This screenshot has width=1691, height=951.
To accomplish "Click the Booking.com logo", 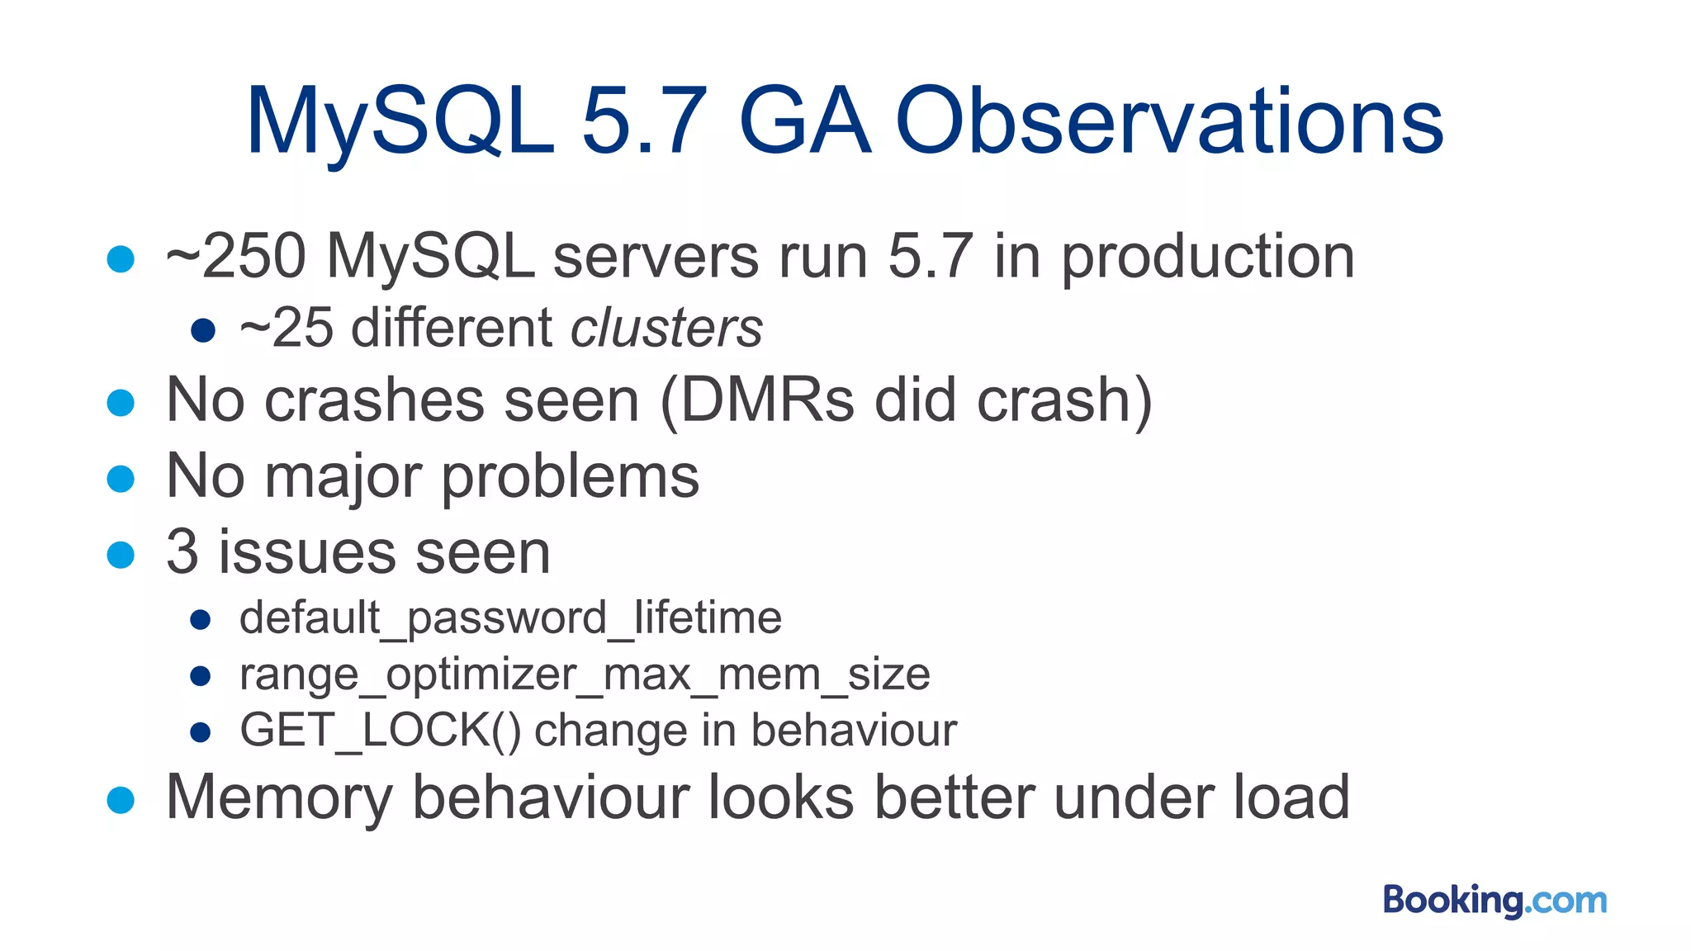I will click(1494, 900).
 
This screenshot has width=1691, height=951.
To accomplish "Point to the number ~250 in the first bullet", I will click(236, 257).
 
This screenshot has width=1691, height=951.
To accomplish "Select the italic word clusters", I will click(666, 329).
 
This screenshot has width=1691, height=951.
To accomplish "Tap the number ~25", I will click(286, 329).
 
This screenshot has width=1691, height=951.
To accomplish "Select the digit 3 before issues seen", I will click(182, 552).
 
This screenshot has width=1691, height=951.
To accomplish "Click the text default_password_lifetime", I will click(510, 618).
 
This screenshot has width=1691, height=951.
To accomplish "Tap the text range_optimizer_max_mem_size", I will click(585, 675).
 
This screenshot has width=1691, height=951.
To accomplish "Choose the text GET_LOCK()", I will click(380, 731).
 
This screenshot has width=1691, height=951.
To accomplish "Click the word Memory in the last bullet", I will click(278, 798).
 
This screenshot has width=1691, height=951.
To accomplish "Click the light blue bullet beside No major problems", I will click(121, 479).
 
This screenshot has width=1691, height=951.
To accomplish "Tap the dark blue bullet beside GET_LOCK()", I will click(201, 732).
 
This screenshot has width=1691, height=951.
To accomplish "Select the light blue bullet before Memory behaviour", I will click(121, 799).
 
